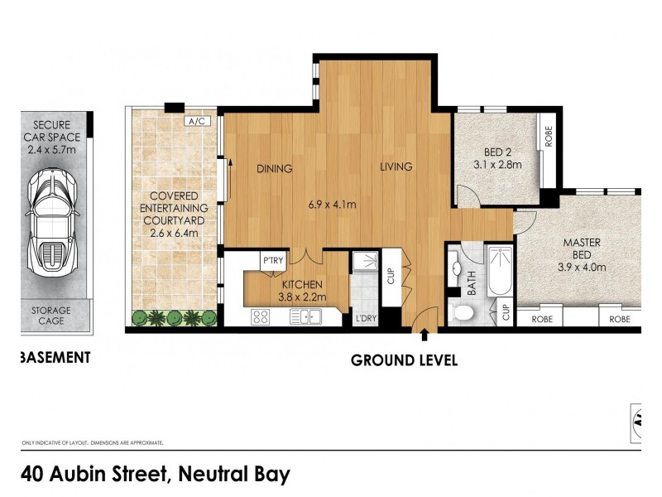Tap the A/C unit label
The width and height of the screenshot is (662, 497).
198,122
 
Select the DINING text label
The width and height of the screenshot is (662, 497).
274,168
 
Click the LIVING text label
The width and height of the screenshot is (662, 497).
396,167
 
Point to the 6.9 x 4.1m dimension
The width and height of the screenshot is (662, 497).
332,205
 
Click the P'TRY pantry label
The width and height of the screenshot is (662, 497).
273,261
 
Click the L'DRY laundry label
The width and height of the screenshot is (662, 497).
365,318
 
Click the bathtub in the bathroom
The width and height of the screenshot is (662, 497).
501,271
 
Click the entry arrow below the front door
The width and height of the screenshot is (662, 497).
425,335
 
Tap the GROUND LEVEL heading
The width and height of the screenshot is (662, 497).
404,360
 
